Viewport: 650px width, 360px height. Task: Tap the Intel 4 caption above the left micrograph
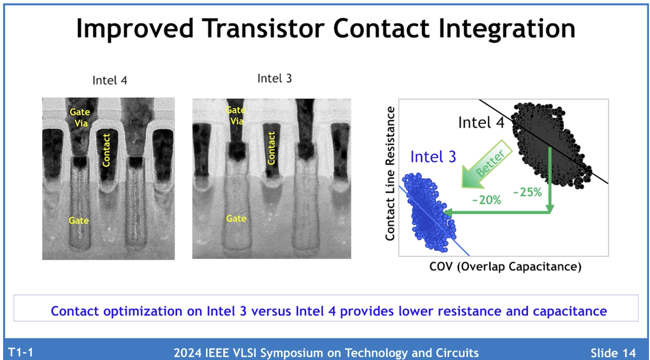tap(110, 80)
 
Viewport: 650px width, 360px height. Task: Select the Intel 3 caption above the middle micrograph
tap(275, 78)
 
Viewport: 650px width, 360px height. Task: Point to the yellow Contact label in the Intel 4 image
tap(106, 150)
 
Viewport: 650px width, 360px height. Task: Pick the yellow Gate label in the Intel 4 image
tap(78, 221)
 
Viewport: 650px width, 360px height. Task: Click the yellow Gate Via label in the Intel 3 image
tap(236, 116)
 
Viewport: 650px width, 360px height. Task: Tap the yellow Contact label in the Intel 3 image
tap(271, 148)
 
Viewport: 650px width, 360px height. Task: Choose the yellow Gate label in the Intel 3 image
tap(236, 219)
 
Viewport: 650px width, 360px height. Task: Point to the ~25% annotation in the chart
tap(527, 192)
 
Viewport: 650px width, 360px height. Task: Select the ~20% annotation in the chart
tap(487, 200)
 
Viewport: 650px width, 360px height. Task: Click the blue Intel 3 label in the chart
tap(433, 157)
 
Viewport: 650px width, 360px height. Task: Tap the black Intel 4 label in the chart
tap(481, 122)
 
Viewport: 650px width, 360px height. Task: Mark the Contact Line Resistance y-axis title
tap(390, 174)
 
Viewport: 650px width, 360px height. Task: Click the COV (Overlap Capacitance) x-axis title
tap(505, 267)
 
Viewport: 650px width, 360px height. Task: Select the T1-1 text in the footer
tap(21, 352)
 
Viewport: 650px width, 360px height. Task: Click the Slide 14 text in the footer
tap(613, 353)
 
